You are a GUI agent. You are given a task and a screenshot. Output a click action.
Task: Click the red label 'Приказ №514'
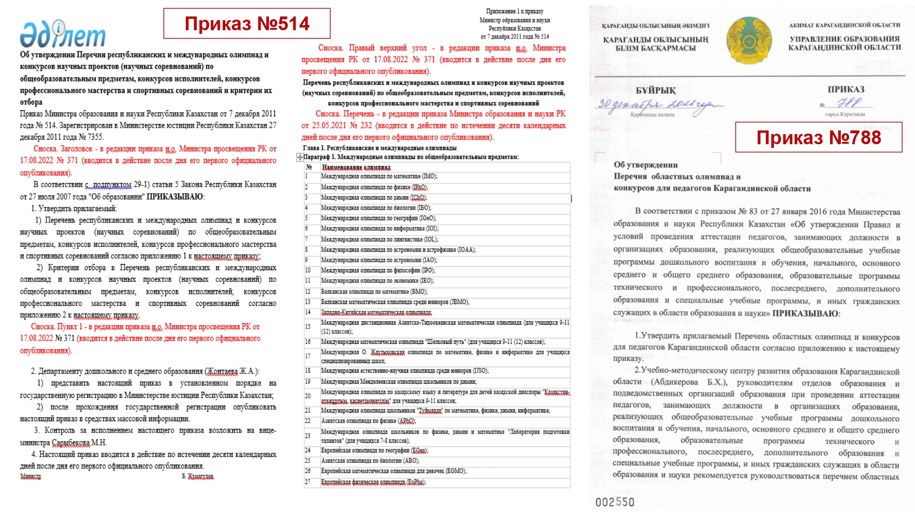point(247,24)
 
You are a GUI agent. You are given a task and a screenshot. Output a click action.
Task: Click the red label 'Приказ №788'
point(818,137)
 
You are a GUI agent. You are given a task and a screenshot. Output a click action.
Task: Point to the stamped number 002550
point(615,502)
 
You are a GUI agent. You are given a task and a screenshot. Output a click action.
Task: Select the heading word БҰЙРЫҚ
point(656,91)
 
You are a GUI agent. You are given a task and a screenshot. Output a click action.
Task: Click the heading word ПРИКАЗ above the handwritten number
point(846,89)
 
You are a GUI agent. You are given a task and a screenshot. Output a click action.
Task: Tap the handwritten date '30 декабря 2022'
point(659,105)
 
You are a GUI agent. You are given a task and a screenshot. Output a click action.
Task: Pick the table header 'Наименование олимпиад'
point(356,167)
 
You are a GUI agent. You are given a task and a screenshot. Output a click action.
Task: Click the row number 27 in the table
point(308,482)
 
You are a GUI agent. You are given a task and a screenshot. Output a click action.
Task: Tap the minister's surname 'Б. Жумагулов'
point(198,477)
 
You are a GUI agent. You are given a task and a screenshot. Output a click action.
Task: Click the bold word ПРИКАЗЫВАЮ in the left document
point(175,196)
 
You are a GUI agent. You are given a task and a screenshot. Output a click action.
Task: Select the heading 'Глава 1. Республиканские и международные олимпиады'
point(379,148)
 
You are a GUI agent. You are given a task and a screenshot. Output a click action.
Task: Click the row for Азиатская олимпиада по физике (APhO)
point(368,421)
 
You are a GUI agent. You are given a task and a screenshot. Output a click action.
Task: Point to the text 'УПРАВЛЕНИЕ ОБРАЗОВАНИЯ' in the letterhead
point(845,39)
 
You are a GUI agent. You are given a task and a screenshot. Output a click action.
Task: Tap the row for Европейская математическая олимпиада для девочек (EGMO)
point(393,471)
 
